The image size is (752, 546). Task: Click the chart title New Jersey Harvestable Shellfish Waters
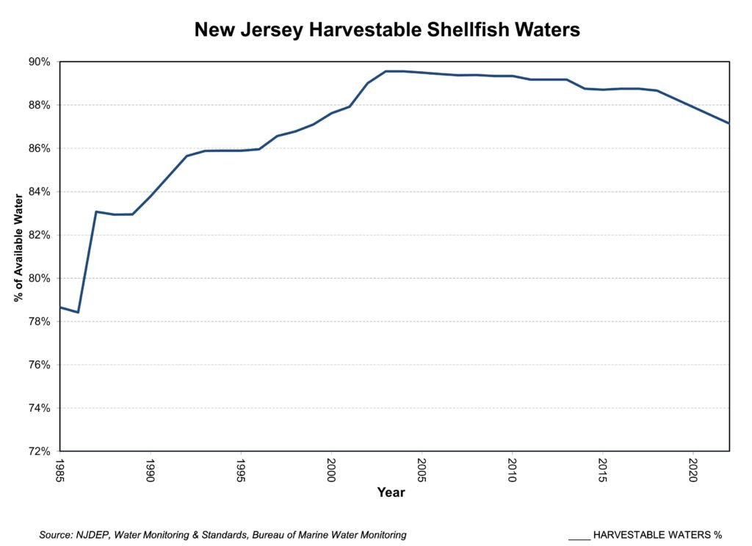[x=387, y=30]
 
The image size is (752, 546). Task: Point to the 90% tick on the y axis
[x=40, y=62]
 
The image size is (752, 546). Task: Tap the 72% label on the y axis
[x=40, y=451]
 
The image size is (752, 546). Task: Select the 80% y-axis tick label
[x=40, y=278]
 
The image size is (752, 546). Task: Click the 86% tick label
[x=40, y=148]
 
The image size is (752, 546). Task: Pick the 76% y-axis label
[x=40, y=365]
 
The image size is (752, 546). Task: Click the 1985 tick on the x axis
[x=60, y=470]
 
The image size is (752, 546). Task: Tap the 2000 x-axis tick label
[x=331, y=470]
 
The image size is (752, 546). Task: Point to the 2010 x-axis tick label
[x=512, y=470]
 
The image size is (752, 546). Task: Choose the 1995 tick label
[x=241, y=470]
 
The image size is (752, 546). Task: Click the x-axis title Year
[x=391, y=493]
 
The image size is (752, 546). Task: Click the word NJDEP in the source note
[x=94, y=535]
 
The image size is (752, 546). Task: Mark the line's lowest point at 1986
[x=78, y=312]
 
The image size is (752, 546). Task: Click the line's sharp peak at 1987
[x=96, y=211]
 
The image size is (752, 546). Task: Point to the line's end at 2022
[x=728, y=123]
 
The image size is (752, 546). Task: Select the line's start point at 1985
[x=60, y=307]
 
